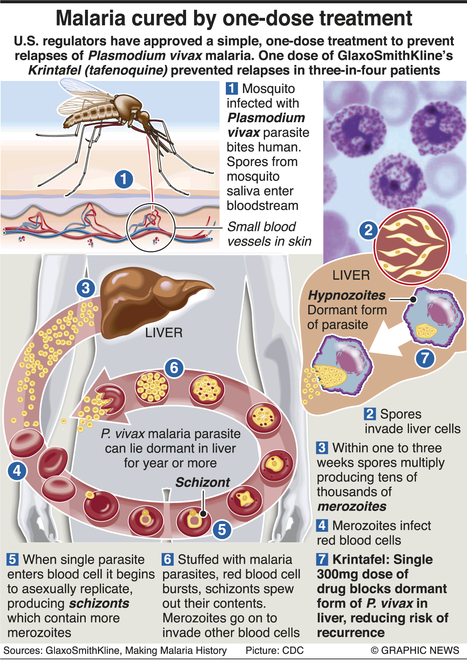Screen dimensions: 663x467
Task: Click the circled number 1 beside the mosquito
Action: coord(124,179)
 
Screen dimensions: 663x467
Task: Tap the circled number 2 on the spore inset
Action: coord(368,230)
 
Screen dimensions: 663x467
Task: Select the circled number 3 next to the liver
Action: coord(86,288)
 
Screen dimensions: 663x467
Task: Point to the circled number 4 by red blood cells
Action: coord(17,471)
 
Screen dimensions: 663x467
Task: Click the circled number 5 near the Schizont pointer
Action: coord(222,530)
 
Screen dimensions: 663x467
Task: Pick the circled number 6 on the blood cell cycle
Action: coord(174,368)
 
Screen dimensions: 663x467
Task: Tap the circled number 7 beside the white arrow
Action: coord(425,358)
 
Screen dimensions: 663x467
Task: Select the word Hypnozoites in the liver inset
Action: coord(347,295)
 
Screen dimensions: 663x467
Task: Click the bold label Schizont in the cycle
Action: coord(202,482)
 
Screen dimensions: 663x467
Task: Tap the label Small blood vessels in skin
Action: coord(269,234)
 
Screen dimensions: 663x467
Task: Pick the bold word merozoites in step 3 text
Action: coord(352,506)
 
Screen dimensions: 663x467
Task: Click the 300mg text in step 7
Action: coord(337,574)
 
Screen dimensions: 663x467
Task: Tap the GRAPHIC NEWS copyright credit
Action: coord(415,650)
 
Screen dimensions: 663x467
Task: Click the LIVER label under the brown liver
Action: coord(164,333)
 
